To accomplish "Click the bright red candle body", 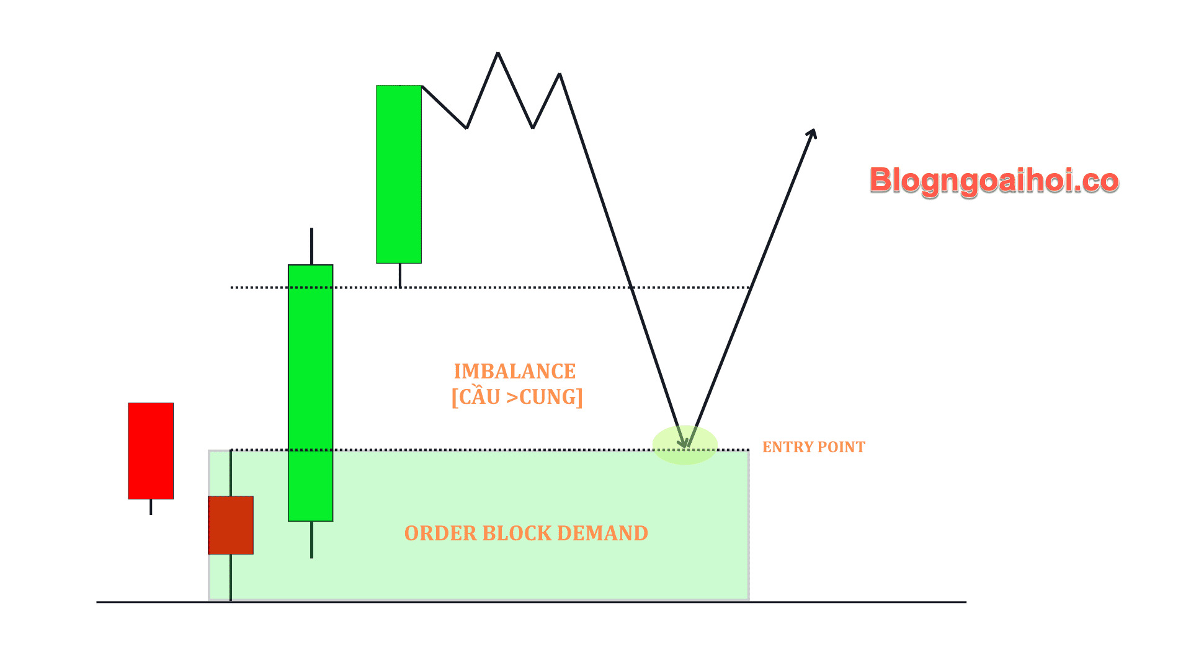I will pyautogui.click(x=151, y=451).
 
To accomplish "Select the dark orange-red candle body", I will pyautogui.click(x=231, y=525).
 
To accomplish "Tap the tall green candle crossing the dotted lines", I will pyautogui.click(x=311, y=393).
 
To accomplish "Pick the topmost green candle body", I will pyautogui.click(x=399, y=174).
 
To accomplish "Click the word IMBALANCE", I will pyautogui.click(x=515, y=372).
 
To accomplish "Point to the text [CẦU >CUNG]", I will pyautogui.click(x=517, y=397).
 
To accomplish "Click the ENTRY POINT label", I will pyautogui.click(x=813, y=447).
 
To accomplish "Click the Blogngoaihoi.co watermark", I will pyautogui.click(x=994, y=181).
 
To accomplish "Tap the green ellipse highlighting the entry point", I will pyautogui.click(x=685, y=445).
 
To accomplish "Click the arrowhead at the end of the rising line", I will pyautogui.click(x=813, y=133).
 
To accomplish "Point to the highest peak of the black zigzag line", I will pyautogui.click(x=497, y=54).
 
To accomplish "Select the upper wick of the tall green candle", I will pyautogui.click(x=311, y=246).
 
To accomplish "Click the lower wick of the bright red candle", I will pyautogui.click(x=151, y=507).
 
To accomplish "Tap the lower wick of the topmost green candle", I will pyautogui.click(x=400, y=275).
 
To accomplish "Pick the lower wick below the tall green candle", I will pyautogui.click(x=311, y=540).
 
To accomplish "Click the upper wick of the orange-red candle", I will pyautogui.click(x=231, y=473).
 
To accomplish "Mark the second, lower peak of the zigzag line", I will pyautogui.click(x=560, y=74).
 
